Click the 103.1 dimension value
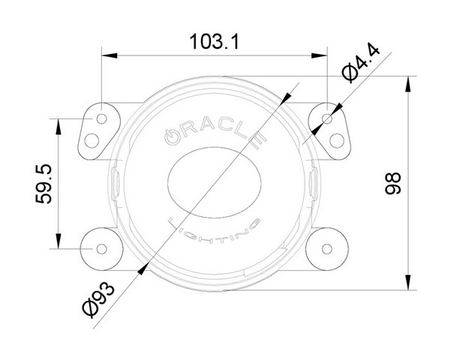coord(215,42)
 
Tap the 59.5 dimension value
coord(44,184)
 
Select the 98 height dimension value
coord(392,184)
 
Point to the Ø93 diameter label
coord(98,298)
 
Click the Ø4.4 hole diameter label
coord(361,63)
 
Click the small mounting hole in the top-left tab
coord(101,118)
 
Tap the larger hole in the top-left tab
coord(92,140)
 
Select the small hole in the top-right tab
coord(327,118)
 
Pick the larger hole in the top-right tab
coord(337,140)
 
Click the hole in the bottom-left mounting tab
coord(101,249)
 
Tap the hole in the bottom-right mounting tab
coord(327,249)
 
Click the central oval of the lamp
coord(215,183)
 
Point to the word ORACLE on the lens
coord(215,131)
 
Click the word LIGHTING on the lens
coord(214,231)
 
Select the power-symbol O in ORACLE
coord(172,136)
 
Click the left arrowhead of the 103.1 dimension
coord(109,55)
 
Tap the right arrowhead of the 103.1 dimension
coord(319,55)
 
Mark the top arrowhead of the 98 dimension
coord(407,84)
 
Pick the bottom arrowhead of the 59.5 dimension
coord(59,241)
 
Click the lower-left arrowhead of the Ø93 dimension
coord(143,268)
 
